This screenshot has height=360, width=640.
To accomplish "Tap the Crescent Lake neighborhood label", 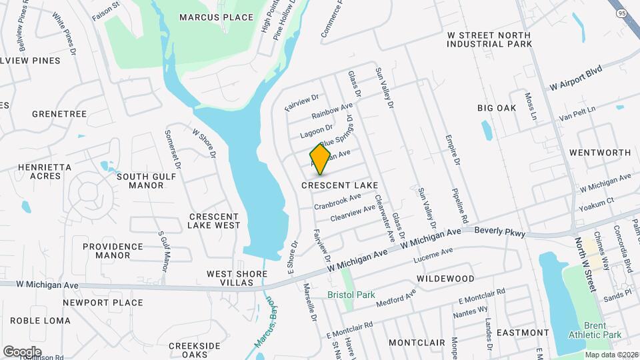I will (339, 185).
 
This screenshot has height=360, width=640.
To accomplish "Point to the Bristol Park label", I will (351, 295).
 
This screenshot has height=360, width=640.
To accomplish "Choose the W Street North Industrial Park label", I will (489, 39).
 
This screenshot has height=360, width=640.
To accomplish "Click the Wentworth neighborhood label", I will (599, 153).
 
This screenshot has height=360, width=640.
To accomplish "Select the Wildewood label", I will (445, 278).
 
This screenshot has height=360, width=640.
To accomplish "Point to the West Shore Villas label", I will (230, 278).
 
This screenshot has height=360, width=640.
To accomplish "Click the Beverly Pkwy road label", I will (500, 233).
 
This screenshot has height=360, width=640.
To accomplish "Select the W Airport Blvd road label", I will (575, 78).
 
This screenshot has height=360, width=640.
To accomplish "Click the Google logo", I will (22, 351).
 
